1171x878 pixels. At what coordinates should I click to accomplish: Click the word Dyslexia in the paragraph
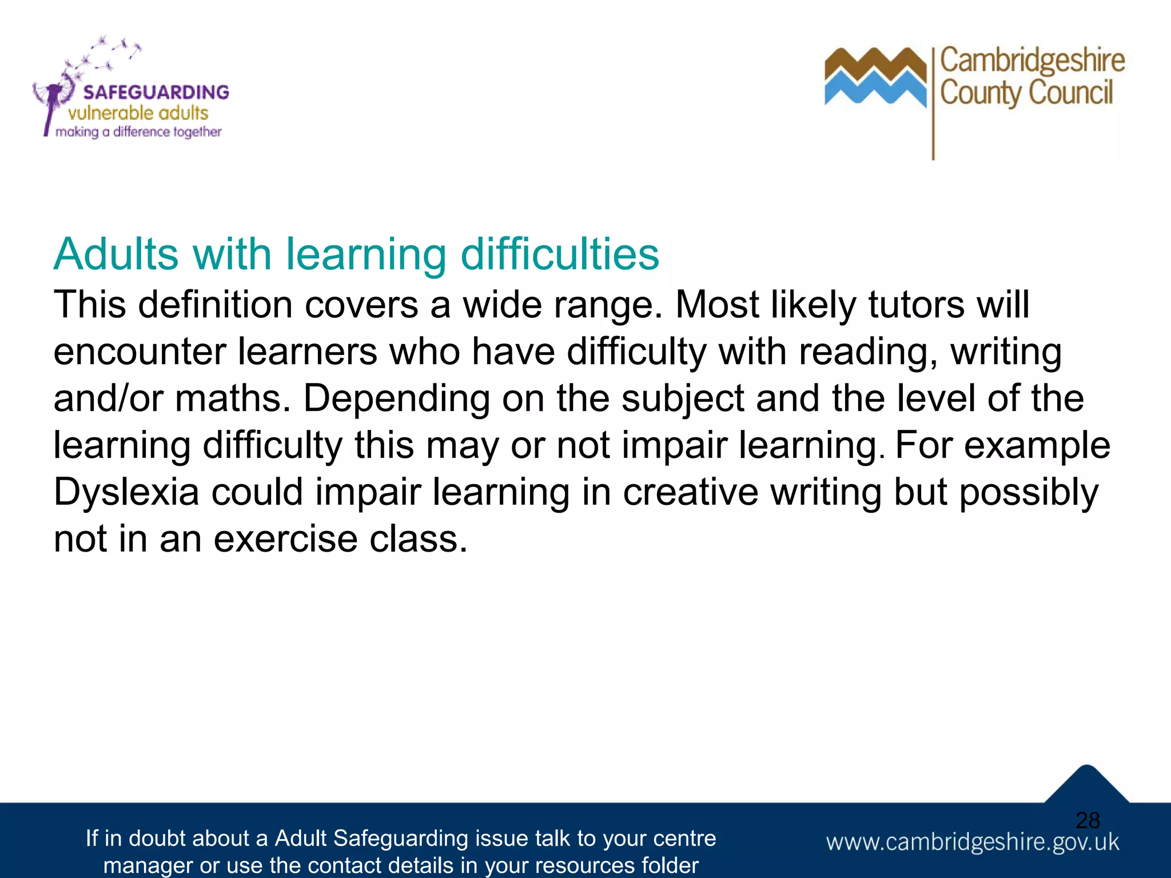126,492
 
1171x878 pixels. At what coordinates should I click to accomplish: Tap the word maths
229,398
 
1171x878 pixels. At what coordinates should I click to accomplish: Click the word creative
690,492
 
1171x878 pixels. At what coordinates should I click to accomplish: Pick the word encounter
140,352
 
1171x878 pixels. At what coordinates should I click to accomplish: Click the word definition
215,305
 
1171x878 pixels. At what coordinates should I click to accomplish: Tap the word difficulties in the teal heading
560,254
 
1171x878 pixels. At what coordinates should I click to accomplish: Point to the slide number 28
1088,821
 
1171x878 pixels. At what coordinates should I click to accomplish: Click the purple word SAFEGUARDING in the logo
156,92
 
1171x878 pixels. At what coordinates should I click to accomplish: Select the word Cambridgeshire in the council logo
1032,61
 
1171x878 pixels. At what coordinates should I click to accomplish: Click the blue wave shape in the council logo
875,91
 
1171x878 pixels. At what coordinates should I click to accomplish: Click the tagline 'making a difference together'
138,132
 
